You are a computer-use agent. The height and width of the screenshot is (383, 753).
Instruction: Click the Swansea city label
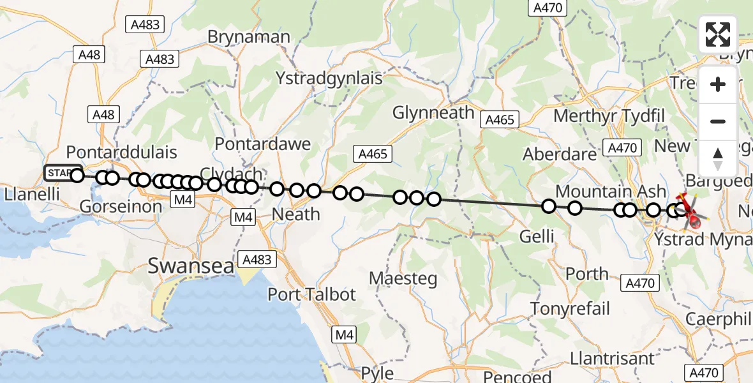(191, 266)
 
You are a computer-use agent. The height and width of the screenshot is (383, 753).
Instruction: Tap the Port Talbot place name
(311, 294)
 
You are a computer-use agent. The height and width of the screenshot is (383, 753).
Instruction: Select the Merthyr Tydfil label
(609, 116)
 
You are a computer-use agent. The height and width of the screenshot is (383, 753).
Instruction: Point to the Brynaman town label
(249, 37)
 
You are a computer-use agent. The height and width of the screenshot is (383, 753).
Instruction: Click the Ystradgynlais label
(329, 79)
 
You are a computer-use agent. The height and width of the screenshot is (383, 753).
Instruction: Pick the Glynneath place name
(433, 113)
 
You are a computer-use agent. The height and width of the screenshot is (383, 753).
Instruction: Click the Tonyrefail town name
(570, 309)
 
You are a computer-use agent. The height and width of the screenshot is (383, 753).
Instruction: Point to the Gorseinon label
(121, 206)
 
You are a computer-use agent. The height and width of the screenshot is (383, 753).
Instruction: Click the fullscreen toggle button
(718, 34)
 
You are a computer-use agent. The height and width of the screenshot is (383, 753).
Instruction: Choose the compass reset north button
(718, 157)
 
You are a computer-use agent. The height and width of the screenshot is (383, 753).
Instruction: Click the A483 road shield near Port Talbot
(258, 260)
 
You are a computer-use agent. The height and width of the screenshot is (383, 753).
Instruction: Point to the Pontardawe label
(263, 144)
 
